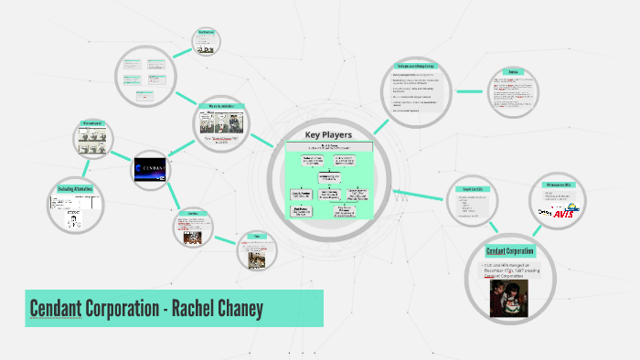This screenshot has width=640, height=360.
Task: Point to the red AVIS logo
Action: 565,212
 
